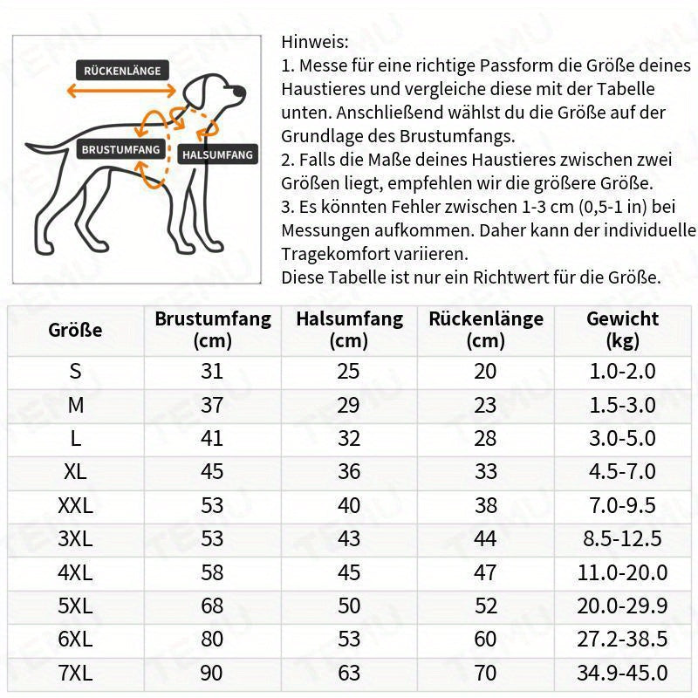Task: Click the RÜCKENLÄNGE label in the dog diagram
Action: coord(123,71)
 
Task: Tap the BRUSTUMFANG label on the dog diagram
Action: coord(121,149)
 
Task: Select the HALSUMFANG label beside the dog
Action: coord(217,155)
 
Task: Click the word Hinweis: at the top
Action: coord(314,42)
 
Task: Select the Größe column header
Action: coord(75,330)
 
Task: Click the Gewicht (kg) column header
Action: coord(622,329)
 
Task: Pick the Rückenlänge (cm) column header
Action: coord(485,329)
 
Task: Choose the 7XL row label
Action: coord(75,673)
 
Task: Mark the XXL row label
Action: coord(75,505)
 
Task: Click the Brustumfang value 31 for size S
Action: coord(212,371)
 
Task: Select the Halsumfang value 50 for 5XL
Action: coord(349,606)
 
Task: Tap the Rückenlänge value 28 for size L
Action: coord(485,438)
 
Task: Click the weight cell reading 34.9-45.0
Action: coord(622,673)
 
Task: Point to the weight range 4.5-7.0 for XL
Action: coord(622,472)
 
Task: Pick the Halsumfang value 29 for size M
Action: coord(349,405)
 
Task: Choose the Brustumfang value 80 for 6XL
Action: coord(212,640)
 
